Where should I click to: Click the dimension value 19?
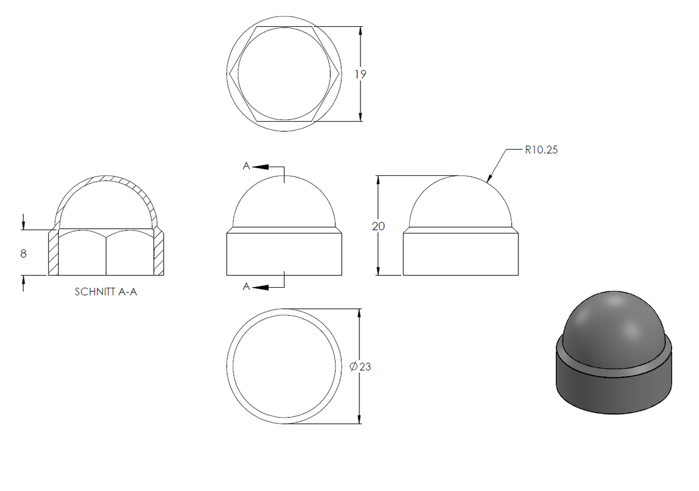click(x=360, y=74)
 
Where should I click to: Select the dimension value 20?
click(x=378, y=226)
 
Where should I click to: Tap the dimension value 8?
click(x=23, y=253)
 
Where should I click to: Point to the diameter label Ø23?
click(x=361, y=366)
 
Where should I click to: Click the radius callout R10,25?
click(x=541, y=150)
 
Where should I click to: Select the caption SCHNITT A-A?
click(x=106, y=292)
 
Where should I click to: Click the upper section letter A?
click(x=246, y=166)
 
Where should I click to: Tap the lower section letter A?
click(x=246, y=287)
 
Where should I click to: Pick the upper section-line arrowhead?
click(x=260, y=167)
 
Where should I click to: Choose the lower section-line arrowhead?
click(x=260, y=287)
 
